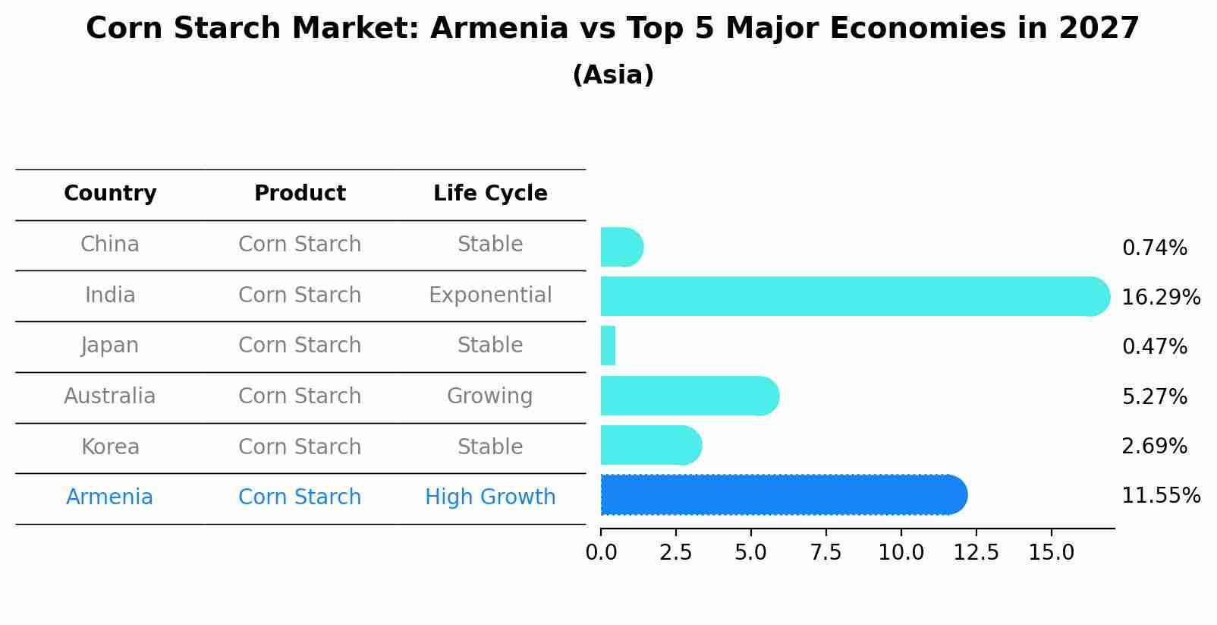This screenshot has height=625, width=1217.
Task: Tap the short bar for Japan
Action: pos(608,346)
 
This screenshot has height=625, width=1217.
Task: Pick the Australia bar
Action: pos(687,396)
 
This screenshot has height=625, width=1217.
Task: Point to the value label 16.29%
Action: pos(1160,297)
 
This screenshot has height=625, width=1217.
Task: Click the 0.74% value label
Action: pos(1154,248)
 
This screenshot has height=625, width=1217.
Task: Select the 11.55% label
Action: pos(1160,496)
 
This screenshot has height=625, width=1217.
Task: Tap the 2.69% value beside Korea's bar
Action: pos(1154,447)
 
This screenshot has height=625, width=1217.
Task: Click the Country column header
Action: pos(110,194)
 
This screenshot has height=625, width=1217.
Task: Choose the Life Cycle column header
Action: pos(490,194)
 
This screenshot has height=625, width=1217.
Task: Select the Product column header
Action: pos(300,194)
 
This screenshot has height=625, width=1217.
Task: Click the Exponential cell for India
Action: pos(490,295)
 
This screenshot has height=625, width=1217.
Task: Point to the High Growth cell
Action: pos(490,497)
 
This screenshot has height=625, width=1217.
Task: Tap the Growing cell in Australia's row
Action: pos(489,396)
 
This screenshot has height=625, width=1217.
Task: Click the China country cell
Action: pos(110,245)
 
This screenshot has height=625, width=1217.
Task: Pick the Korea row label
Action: pos(110,447)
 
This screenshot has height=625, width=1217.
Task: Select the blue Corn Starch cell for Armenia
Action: pos(300,497)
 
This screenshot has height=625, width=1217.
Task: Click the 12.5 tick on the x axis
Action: pos(976,552)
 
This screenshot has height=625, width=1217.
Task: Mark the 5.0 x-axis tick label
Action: pos(750,552)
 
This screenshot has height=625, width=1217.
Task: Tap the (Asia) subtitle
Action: pos(613,75)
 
